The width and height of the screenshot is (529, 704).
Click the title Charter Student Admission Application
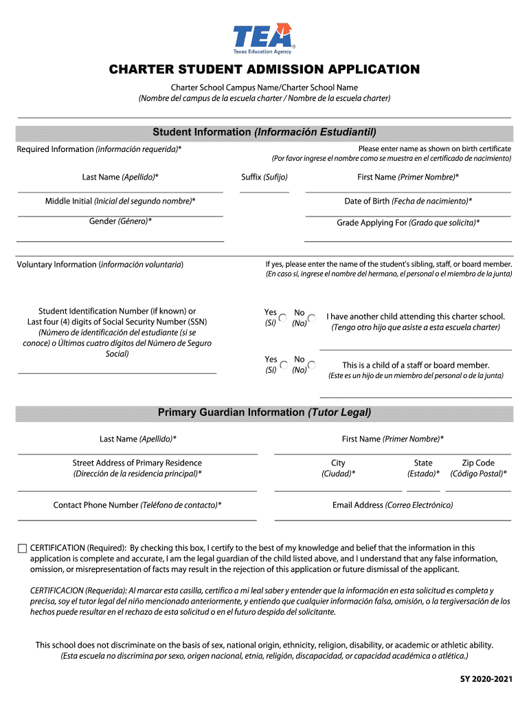[x=264, y=69]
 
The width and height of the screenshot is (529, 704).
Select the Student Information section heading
[x=264, y=132]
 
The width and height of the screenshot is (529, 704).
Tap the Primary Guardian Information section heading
[x=264, y=412]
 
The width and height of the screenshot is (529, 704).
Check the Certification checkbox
[x=22, y=548]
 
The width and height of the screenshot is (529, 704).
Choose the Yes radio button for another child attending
[x=284, y=318]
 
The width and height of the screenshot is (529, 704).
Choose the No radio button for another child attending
[x=311, y=318]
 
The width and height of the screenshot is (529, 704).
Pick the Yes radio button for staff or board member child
[x=284, y=365]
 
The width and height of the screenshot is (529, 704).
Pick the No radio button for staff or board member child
[x=311, y=365]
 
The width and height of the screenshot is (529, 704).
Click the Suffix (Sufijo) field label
[x=264, y=177]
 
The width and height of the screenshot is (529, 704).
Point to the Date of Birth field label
[x=408, y=201]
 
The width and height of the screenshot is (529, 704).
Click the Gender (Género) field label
[x=120, y=221]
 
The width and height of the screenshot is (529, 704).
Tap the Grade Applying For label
[x=408, y=223]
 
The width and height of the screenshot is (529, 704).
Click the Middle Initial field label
[x=120, y=201]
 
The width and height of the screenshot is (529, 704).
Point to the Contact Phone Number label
[x=137, y=505]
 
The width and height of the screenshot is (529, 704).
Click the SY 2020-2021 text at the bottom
[x=486, y=680]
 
